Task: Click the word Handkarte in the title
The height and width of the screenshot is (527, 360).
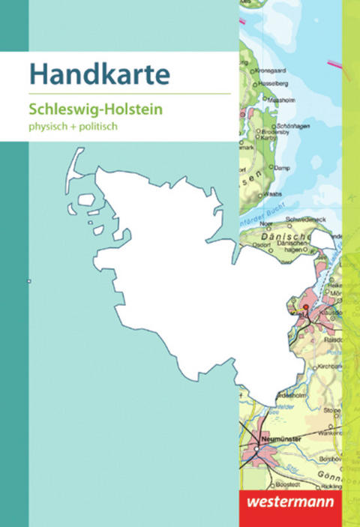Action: coord(99,75)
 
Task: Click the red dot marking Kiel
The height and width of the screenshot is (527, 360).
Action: coord(305,307)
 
